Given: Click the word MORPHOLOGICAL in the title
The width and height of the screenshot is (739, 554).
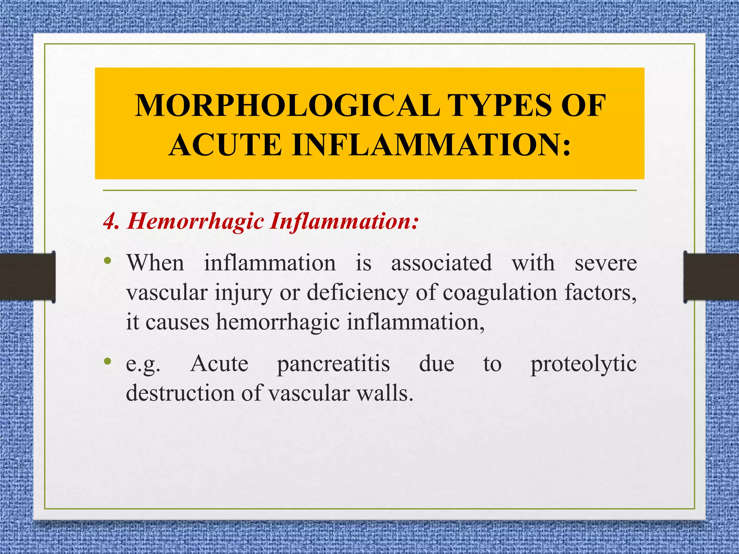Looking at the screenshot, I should pos(287,105).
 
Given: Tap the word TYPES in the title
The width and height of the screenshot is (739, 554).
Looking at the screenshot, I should pos(500,105).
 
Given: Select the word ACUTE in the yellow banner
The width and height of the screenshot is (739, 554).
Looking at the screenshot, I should pos(226,145).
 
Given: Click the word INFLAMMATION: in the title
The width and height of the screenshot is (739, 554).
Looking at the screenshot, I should pos(432,145).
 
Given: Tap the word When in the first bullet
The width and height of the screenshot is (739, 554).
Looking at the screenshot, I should pos(155,263).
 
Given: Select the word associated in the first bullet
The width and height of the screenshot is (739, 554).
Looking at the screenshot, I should pos(441,263).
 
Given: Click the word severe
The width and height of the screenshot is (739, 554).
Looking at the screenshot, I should pos(605,263).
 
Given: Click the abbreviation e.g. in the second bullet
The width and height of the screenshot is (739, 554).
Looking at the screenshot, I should pos(143,364).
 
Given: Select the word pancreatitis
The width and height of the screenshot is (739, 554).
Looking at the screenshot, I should pos(333,364).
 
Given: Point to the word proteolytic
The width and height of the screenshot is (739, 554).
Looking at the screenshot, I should pos(583,364).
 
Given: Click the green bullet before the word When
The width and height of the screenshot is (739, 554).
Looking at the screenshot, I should pos(107,260).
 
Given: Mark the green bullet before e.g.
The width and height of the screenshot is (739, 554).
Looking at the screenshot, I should pos(107,361).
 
